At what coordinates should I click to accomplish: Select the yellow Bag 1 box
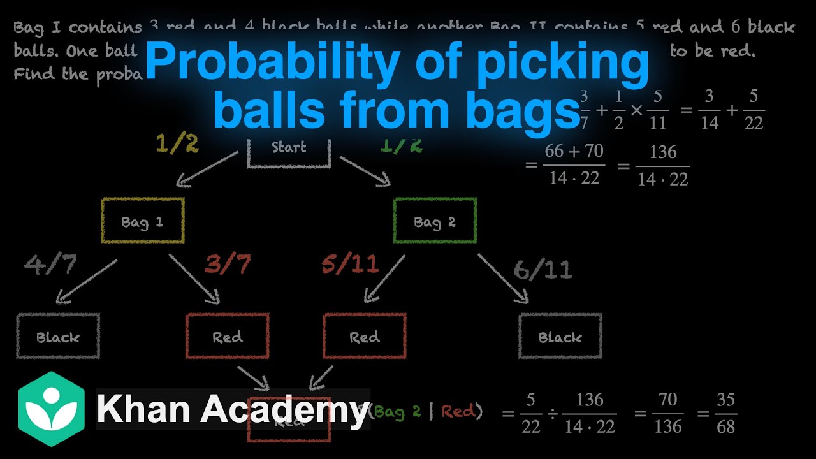[x=143, y=221]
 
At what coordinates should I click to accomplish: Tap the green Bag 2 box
[x=435, y=221]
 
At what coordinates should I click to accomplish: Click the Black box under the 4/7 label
[x=58, y=336]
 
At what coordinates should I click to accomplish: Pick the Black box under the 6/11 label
[x=560, y=336]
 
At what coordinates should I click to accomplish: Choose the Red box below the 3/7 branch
[x=228, y=336]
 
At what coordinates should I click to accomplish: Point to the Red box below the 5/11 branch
[x=365, y=336]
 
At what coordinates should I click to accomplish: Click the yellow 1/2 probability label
[x=177, y=143]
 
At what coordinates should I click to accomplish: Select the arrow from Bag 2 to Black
[x=503, y=278]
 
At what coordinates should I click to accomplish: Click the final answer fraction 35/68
[x=725, y=413]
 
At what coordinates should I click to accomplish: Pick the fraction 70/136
[x=667, y=413]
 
